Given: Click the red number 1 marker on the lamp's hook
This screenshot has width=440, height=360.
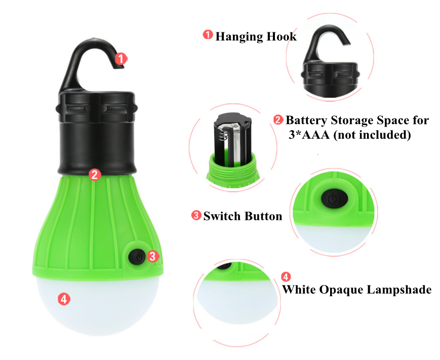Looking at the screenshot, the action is (x=121, y=59).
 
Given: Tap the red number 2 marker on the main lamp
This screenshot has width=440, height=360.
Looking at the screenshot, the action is (x=95, y=175).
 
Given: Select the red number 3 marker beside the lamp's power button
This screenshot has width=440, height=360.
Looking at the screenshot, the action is (x=152, y=256).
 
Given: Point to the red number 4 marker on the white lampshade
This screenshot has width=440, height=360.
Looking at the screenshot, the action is (x=64, y=299).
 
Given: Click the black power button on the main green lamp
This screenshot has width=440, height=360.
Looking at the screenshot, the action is (x=137, y=257).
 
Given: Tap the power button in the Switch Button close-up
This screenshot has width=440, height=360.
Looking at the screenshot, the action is (x=335, y=198).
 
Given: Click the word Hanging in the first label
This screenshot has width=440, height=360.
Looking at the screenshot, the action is (x=239, y=37).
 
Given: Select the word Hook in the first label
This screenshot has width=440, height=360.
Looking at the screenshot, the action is (x=282, y=36).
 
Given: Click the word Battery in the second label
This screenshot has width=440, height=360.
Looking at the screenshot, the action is (x=307, y=121).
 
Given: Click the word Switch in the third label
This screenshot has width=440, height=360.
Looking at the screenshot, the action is (x=222, y=216).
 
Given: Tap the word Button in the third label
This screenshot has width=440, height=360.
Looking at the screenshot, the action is (x=263, y=216).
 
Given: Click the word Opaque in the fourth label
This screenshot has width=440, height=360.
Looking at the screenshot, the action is (x=341, y=290).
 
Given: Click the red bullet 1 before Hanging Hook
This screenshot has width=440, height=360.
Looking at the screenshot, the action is (x=208, y=35).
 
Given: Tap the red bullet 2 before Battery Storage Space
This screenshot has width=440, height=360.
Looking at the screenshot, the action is (x=278, y=120).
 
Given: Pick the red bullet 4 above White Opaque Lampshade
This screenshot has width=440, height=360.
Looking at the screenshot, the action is (x=286, y=277).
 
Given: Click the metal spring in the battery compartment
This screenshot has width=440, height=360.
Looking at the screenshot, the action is (x=223, y=135).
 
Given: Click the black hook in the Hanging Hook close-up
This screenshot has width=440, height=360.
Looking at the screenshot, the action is (x=327, y=42).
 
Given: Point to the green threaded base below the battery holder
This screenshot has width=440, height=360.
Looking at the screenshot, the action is (x=232, y=171).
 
